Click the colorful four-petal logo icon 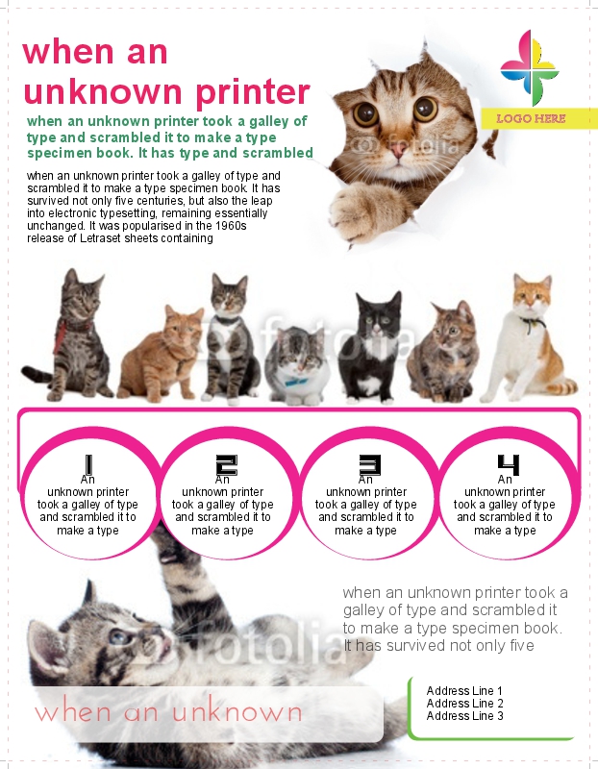[x=530, y=67]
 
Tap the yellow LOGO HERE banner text [x=531, y=118]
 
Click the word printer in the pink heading [x=252, y=92]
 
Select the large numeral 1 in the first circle [x=88, y=464]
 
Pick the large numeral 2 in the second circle [x=227, y=465]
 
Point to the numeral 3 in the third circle [x=370, y=465]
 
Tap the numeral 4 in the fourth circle [x=509, y=465]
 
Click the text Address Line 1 [x=464, y=691]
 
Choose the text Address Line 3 [x=464, y=716]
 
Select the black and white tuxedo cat [x=371, y=347]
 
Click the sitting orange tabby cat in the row [x=161, y=352]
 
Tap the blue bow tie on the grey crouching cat [x=296, y=382]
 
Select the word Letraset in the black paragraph [x=101, y=238]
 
